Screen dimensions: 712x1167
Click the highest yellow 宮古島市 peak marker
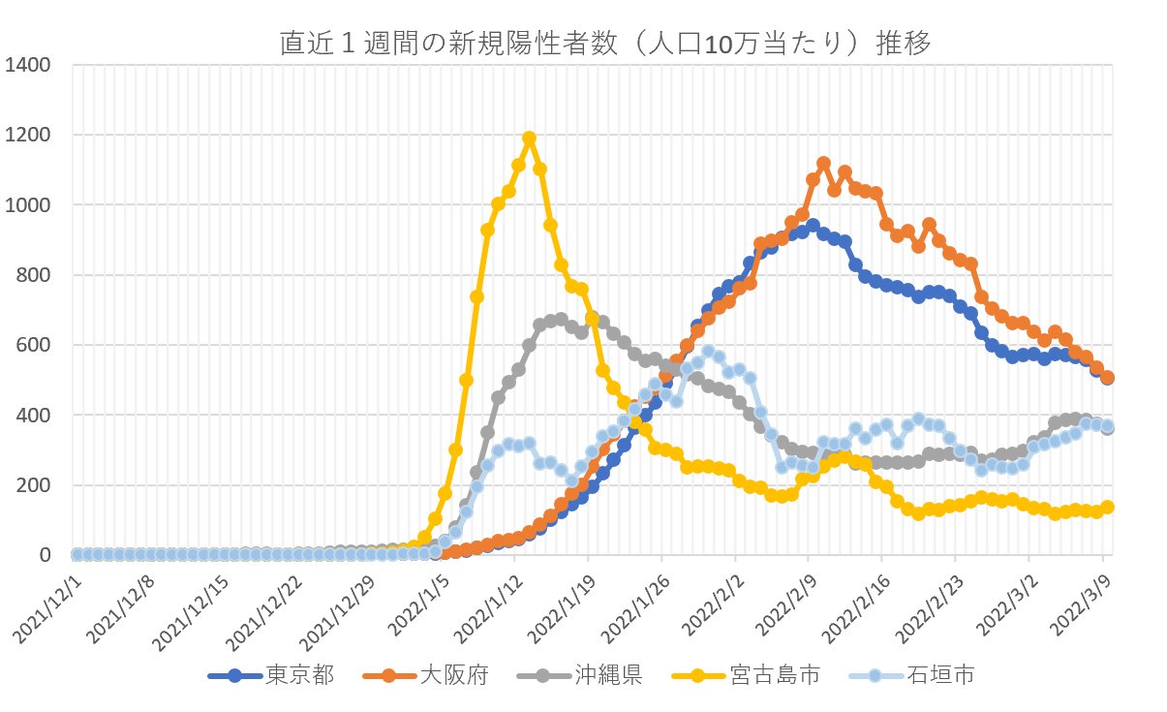pos(529,139)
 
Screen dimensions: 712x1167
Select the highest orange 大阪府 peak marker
pos(823,164)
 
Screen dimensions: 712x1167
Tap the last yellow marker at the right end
pos(1107,507)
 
